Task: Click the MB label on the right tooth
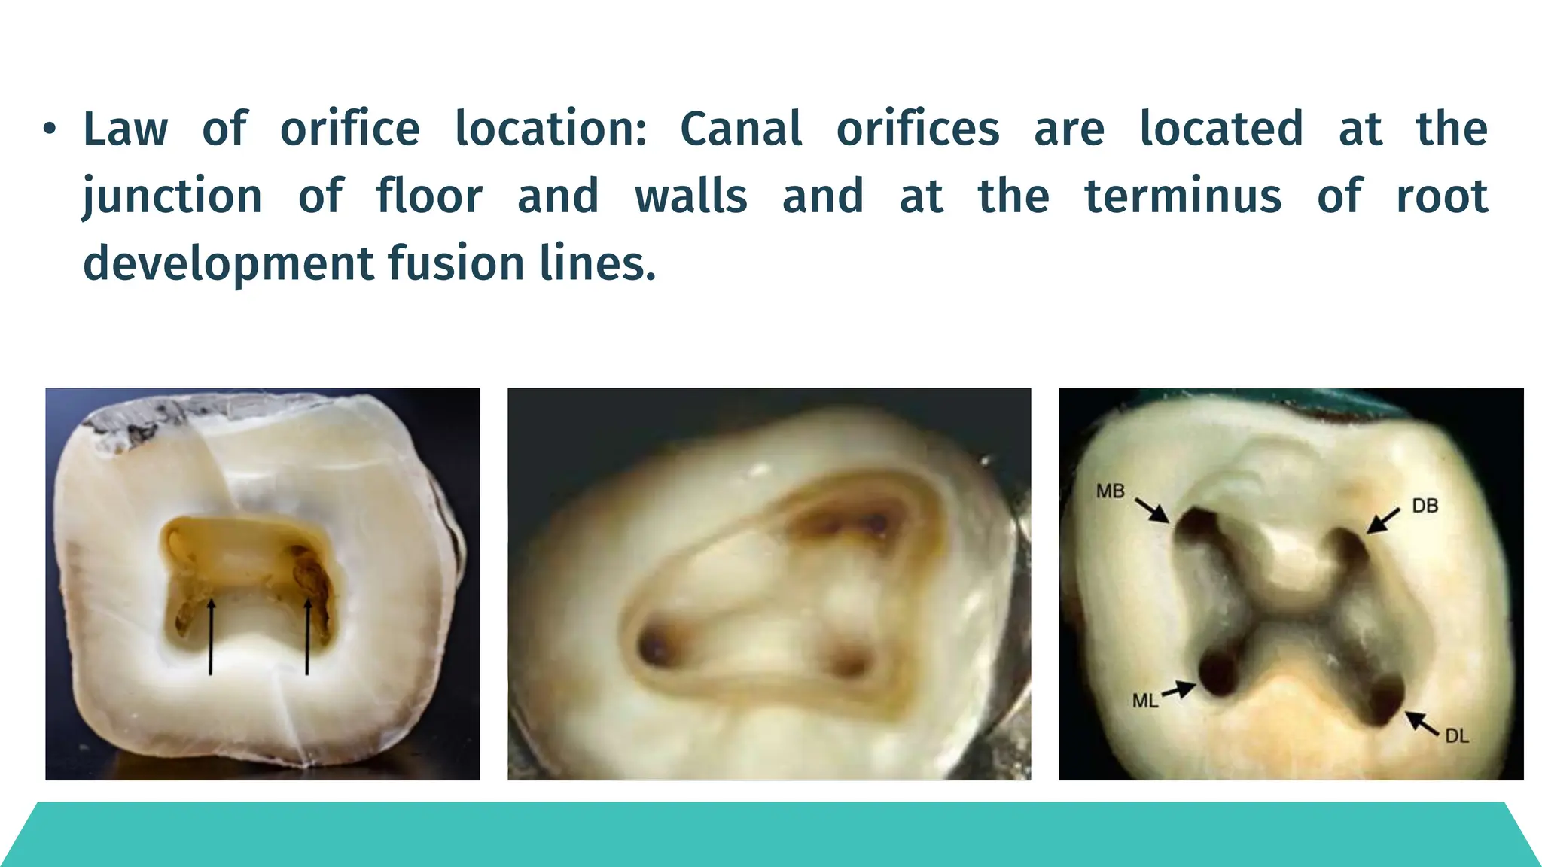coord(1110,491)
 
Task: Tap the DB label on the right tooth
coord(1425,506)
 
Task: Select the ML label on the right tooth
coord(1144,701)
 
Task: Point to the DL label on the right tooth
coord(1457,736)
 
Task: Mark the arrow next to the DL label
coord(1422,723)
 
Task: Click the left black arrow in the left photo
coord(211,636)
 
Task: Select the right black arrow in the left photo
coord(307,636)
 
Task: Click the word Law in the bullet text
coord(125,129)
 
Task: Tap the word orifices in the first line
coord(918,129)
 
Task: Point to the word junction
coord(172,197)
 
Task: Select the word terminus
coord(1182,197)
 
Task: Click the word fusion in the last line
coord(456,264)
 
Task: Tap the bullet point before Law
coord(50,129)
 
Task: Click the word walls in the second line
coord(690,197)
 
